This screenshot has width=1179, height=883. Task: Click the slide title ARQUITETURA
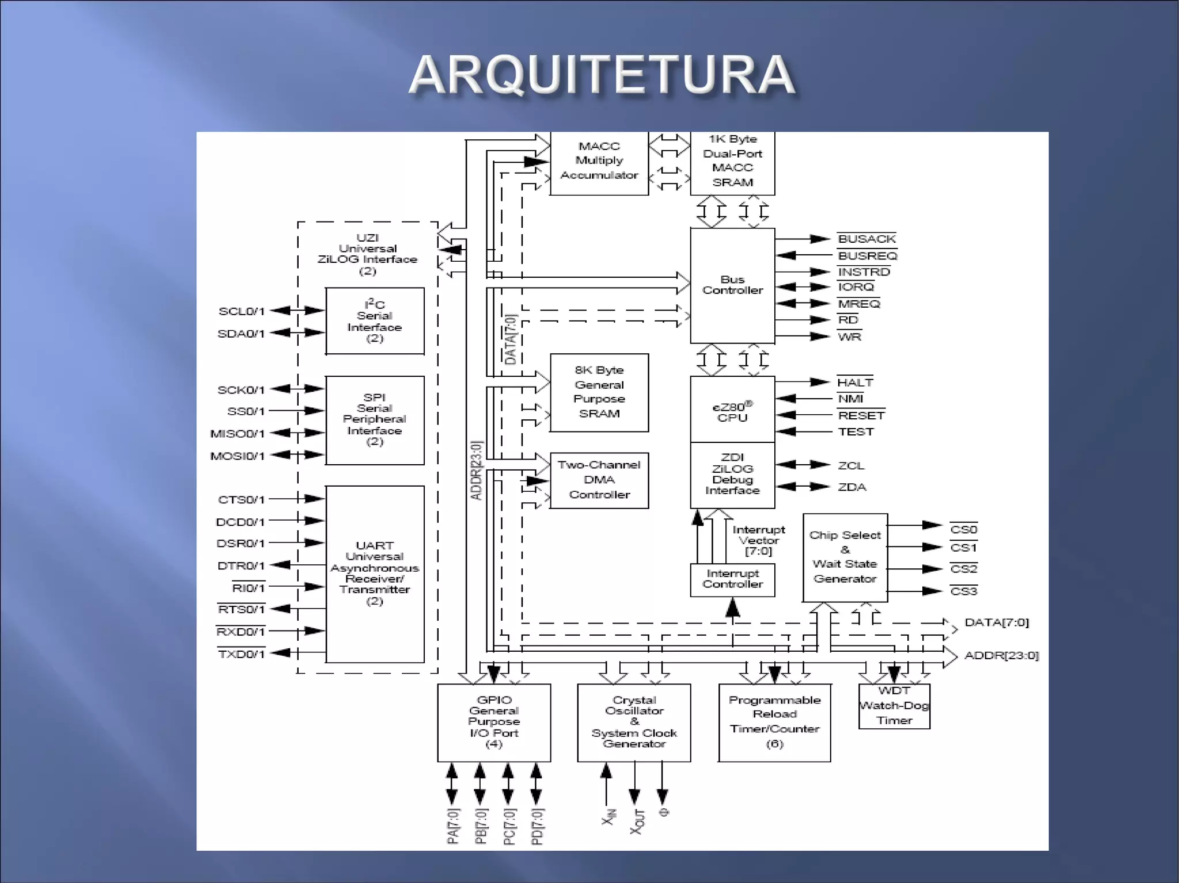[x=602, y=75]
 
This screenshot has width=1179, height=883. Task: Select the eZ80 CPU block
[x=732, y=410]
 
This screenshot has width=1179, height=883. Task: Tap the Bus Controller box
[x=732, y=285]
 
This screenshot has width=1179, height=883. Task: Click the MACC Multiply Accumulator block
[x=599, y=161]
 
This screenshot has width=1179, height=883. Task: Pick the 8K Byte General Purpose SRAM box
[x=599, y=392]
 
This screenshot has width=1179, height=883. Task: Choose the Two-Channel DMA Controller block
[x=599, y=480]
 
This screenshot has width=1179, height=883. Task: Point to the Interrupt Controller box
[x=732, y=579]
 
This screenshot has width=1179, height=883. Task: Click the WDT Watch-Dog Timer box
[x=894, y=706]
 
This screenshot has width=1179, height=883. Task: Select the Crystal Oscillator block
[x=634, y=722]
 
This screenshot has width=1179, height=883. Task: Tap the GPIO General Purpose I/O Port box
[x=494, y=722]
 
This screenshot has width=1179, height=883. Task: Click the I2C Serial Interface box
[x=375, y=321]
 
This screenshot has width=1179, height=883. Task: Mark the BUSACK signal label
[x=867, y=239]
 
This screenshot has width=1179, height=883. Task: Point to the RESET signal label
[x=861, y=415]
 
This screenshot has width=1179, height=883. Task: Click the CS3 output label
[x=964, y=591]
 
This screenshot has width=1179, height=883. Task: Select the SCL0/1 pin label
[x=241, y=311]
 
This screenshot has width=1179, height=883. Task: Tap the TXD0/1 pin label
[x=241, y=654]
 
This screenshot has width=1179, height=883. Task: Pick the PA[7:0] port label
[x=453, y=826]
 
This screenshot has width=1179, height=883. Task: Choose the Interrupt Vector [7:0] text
[x=759, y=540]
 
